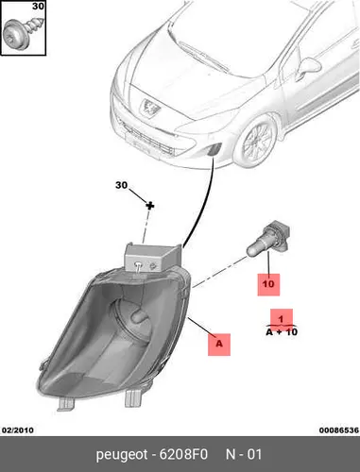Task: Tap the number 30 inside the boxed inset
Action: coord(39,6)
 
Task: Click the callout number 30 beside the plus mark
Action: coord(121,185)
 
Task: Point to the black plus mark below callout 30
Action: coord(150,206)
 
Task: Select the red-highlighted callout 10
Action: coord(268,284)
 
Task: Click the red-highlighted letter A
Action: coord(219,344)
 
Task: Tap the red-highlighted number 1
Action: coord(282,319)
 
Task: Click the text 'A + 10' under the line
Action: coord(282,332)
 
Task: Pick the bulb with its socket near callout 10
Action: coord(267,238)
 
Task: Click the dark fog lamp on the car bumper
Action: coord(214,149)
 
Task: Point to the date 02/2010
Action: coord(18,430)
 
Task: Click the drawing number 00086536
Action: coord(339,430)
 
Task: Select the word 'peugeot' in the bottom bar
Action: coord(122,455)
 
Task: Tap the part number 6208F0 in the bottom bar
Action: coord(183,454)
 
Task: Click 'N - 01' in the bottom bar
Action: coord(244,454)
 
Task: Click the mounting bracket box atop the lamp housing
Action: coord(153,258)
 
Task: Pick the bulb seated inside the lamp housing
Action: coord(139,316)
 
